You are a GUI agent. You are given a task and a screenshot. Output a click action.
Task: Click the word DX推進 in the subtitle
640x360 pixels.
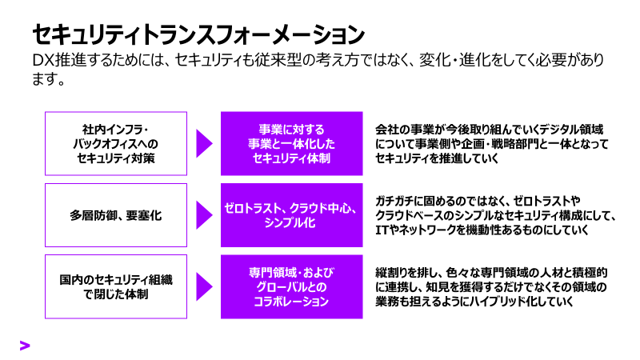pyautogui.click(x=58, y=61)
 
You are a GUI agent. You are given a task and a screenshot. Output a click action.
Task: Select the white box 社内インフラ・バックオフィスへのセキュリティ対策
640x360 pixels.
pyautogui.click(x=116, y=143)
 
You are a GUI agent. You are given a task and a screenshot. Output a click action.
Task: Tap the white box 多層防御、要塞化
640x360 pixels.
pyautogui.click(x=116, y=214)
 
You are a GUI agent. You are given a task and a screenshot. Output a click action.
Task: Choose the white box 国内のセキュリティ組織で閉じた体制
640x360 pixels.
pyautogui.click(x=116, y=286)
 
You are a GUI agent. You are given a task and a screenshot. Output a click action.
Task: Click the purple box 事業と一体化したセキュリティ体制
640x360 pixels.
pyautogui.click(x=291, y=143)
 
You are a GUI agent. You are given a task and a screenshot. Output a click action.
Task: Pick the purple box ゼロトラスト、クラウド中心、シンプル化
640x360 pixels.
pyautogui.click(x=291, y=214)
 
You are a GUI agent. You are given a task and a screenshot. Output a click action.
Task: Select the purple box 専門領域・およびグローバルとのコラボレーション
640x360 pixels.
pyautogui.click(x=291, y=286)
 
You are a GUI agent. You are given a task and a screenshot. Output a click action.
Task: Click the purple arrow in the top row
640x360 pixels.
pyautogui.click(x=204, y=143)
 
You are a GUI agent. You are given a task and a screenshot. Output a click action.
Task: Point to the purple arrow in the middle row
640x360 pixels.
pyautogui.click(x=204, y=214)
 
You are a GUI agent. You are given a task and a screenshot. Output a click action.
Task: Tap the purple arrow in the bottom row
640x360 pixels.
pyautogui.click(x=204, y=286)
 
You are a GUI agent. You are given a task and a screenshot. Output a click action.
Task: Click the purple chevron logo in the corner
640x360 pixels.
pyautogui.click(x=25, y=345)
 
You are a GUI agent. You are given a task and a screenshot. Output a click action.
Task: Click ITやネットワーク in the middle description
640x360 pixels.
pyautogui.click(x=415, y=230)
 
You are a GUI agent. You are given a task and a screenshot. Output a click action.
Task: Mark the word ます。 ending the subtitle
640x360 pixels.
pyautogui.click(x=47, y=79)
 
